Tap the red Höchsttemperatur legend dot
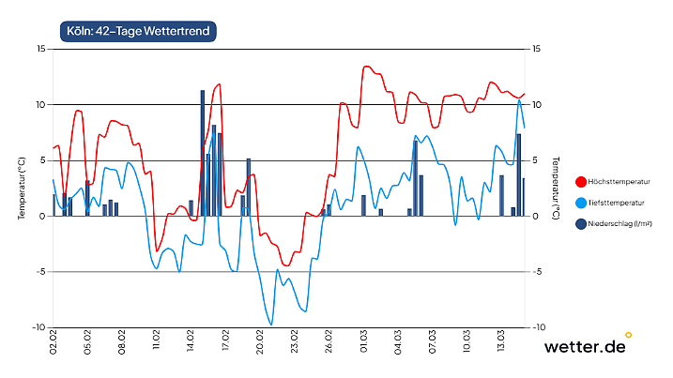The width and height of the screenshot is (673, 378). [580, 181]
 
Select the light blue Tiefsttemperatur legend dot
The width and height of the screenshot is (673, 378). [580, 203]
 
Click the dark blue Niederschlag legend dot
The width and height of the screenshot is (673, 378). [580, 224]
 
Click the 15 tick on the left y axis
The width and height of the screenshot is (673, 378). [39, 49]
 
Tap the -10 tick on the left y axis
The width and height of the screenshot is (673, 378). [38, 327]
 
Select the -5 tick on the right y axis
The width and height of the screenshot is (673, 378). [537, 272]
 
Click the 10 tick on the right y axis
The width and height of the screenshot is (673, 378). [537, 104]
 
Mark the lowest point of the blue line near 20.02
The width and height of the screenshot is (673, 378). [271, 325]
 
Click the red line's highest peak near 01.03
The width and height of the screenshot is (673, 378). [366, 67]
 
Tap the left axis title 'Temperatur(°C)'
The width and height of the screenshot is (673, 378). [21, 188]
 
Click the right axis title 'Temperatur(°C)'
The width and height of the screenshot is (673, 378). [556, 188]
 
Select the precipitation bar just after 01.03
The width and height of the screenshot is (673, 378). [363, 205]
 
